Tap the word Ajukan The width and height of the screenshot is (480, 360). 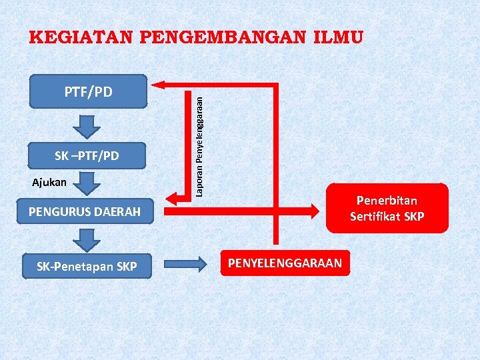click(49, 182)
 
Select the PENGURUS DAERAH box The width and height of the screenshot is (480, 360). click(85, 212)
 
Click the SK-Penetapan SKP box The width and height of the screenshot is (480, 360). click(87, 267)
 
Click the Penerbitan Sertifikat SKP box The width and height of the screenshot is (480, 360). click(387, 208)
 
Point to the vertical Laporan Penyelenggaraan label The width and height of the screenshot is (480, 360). click(199, 143)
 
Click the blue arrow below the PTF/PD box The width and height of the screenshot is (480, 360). click(87, 126)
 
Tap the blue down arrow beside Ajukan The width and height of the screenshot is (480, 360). click(87, 181)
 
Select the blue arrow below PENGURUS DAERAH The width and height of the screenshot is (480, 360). click(87, 237)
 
